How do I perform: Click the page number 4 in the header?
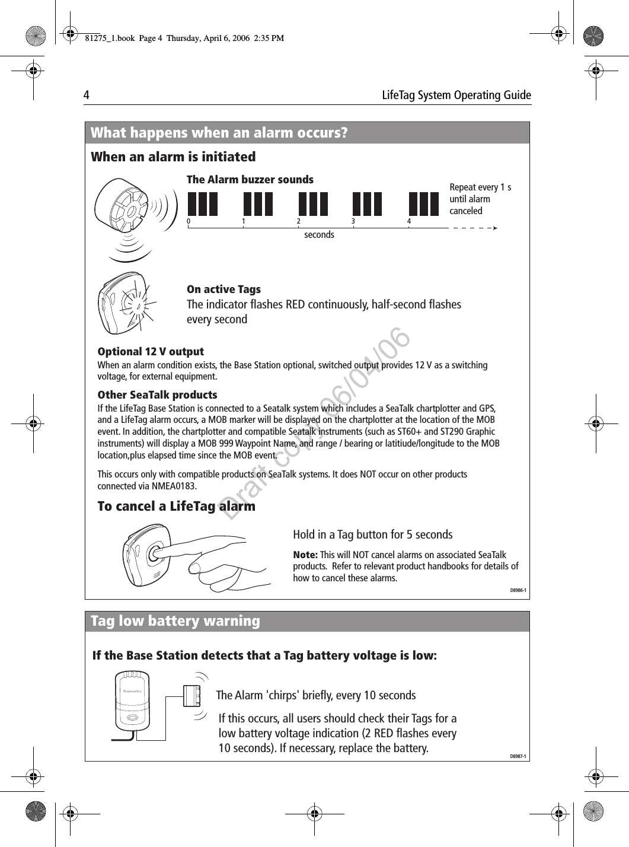tap(87, 95)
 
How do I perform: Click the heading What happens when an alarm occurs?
tap(219, 132)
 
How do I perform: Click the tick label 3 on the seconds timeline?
tap(353, 221)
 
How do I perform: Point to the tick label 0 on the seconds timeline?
tap(189, 221)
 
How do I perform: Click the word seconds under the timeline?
tap(319, 235)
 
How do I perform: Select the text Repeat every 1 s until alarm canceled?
tap(480, 199)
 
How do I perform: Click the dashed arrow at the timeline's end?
tap(474, 227)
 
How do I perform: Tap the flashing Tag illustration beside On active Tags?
tap(127, 303)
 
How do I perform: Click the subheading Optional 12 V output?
tap(151, 351)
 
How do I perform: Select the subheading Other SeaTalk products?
tap(157, 394)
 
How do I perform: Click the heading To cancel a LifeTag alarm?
tap(176, 506)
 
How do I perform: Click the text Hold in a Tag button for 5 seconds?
tap(372, 534)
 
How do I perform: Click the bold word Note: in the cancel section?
tap(305, 555)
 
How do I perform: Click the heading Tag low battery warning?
tap(175, 621)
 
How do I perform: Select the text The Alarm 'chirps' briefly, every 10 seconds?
tap(315, 695)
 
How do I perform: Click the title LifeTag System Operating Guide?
tap(456, 95)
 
